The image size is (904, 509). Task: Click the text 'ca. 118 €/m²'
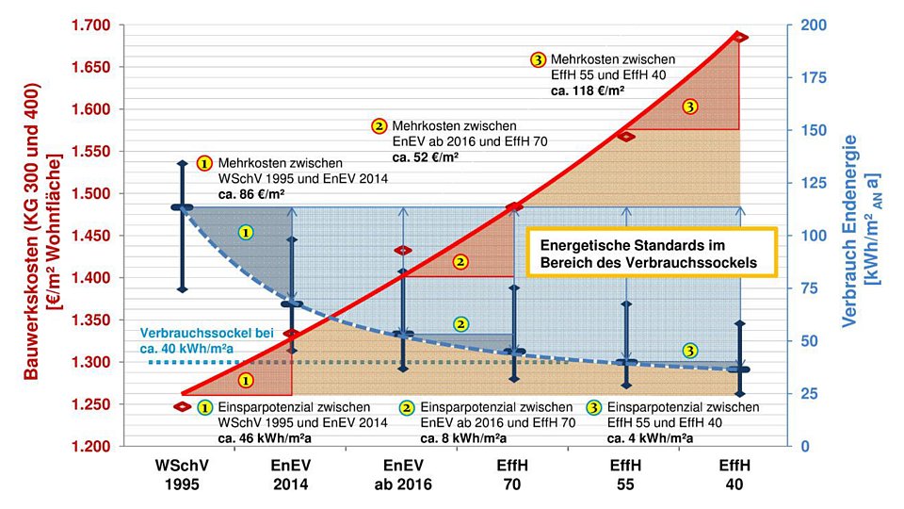click(589, 90)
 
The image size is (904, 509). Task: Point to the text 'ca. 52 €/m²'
click(426, 156)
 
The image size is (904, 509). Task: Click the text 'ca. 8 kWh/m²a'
click(463, 438)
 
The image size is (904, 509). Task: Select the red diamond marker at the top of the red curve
click(739, 38)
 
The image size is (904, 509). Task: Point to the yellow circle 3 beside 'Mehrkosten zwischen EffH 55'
click(539, 59)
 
